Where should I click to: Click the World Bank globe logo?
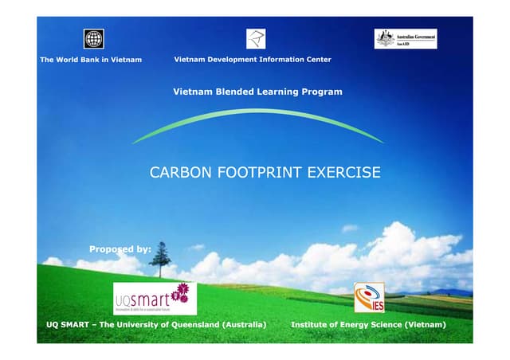(x=94, y=38)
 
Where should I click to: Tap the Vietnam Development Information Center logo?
(x=256, y=38)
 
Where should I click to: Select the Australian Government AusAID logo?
(x=406, y=38)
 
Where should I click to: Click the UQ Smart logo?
(x=155, y=299)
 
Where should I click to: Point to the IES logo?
(x=369, y=298)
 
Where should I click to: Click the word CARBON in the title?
(x=178, y=173)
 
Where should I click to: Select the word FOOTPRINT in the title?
(x=256, y=173)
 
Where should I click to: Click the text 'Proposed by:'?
(x=120, y=249)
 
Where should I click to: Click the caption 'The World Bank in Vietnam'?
(x=91, y=60)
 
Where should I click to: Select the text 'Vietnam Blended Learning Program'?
(x=257, y=92)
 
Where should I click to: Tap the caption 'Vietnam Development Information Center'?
(x=253, y=60)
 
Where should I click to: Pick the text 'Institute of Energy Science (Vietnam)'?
(x=368, y=326)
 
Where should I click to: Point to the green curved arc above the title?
(x=257, y=113)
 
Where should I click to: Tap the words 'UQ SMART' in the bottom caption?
(x=69, y=326)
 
